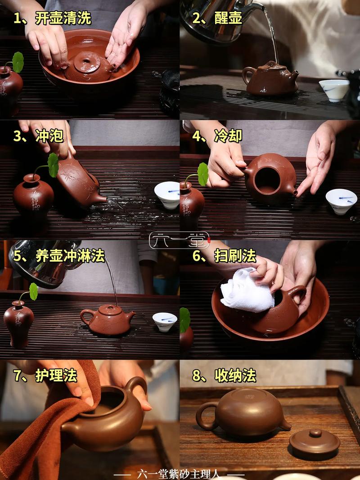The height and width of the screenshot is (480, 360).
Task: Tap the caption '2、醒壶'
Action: coord(217,18)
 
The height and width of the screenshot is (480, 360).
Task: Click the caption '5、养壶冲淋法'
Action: coord(59,256)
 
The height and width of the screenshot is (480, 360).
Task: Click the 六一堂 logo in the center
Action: coord(180,240)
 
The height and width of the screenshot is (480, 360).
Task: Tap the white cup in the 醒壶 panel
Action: coord(334,89)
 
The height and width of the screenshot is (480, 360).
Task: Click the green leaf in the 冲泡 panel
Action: coord(53,165)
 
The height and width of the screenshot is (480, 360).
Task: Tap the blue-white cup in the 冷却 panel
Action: coord(341,200)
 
